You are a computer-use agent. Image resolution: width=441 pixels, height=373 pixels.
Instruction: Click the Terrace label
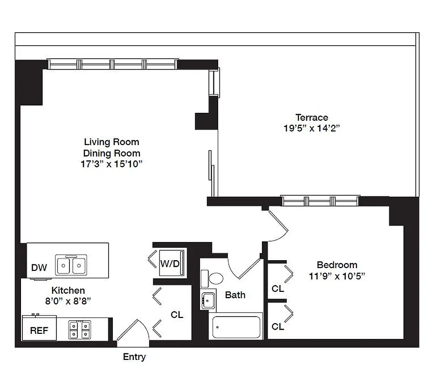(x=311, y=117)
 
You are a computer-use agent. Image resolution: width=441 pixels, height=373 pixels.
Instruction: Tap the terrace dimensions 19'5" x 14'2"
(x=311, y=129)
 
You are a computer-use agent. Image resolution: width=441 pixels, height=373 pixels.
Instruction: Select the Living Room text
(x=111, y=142)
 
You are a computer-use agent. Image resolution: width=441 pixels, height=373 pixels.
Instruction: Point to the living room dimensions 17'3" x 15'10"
(x=111, y=164)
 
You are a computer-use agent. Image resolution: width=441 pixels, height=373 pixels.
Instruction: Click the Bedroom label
(x=337, y=265)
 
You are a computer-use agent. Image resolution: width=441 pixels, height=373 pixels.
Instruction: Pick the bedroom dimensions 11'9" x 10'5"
(x=337, y=276)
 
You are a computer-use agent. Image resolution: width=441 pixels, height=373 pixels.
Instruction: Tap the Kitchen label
(x=68, y=290)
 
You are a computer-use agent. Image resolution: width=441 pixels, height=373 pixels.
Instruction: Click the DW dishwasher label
(x=39, y=268)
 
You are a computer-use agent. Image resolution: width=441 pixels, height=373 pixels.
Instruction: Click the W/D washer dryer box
(x=170, y=263)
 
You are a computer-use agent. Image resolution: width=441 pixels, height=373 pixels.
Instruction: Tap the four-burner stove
(x=79, y=330)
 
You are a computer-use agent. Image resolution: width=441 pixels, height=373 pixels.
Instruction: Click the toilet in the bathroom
(x=215, y=279)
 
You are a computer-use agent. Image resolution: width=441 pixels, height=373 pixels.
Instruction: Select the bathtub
(x=236, y=327)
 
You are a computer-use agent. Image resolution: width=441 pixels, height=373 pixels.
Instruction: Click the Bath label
(x=235, y=295)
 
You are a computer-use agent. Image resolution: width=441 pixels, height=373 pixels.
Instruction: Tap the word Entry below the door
(x=134, y=357)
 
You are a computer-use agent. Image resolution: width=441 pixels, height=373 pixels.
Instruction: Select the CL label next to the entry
(x=177, y=315)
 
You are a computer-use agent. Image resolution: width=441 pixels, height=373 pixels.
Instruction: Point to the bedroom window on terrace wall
(x=320, y=201)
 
